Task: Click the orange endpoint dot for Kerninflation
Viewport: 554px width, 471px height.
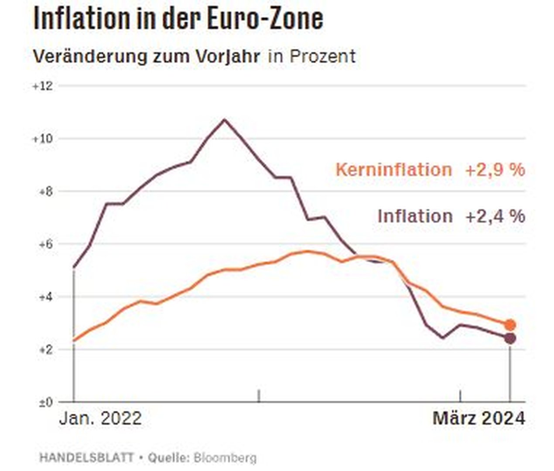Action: point(510,325)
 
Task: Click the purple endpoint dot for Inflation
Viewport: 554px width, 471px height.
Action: point(510,338)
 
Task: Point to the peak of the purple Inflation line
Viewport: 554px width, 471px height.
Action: point(224,119)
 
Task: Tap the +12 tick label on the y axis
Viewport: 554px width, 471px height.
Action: point(42,86)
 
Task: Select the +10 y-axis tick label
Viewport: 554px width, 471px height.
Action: point(42,139)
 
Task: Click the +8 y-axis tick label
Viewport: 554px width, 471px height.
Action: point(45,192)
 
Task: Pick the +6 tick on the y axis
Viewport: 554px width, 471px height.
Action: point(45,244)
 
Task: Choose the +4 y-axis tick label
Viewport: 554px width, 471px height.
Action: point(45,297)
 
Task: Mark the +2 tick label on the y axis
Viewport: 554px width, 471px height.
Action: point(45,350)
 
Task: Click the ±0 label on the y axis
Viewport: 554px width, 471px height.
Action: point(45,403)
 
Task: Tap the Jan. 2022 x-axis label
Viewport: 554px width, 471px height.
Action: point(100,419)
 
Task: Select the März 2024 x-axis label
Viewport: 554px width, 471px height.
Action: point(479,419)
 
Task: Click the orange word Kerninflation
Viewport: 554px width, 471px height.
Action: point(393,170)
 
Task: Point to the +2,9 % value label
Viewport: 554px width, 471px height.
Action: point(495,170)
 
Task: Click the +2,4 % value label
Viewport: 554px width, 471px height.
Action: point(495,216)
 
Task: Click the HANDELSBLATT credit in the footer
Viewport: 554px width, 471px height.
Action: point(87,458)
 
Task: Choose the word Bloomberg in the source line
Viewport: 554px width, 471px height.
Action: point(225,458)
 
